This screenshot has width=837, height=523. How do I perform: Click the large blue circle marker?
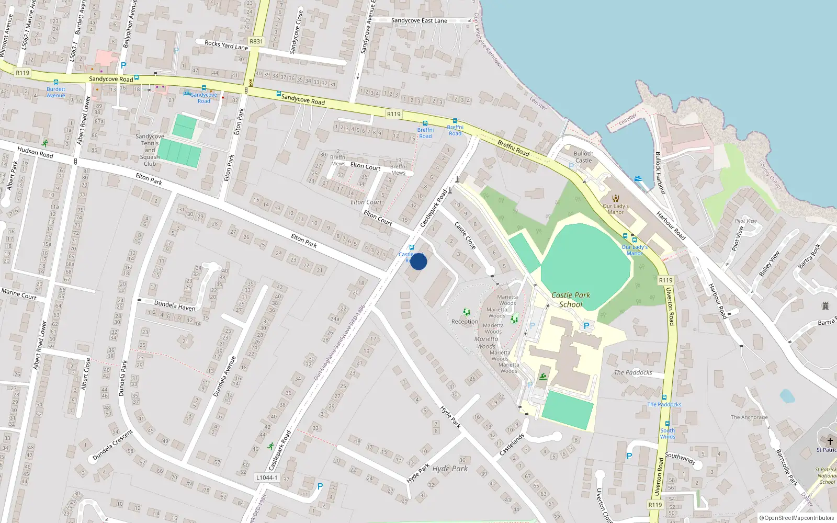point(418,261)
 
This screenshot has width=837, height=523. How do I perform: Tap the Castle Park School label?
point(571,300)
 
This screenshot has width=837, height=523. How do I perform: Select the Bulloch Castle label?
point(584,157)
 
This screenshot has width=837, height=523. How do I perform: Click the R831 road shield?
point(256,41)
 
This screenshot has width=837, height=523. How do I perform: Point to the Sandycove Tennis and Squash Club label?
point(150,150)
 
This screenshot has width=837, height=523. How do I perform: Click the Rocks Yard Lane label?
point(226,44)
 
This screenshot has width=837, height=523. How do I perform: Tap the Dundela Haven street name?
point(175,305)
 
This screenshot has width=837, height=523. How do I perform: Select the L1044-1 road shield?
point(267,477)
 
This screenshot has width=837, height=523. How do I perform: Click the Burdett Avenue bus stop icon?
point(56,82)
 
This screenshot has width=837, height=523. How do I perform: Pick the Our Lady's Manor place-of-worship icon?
point(616,198)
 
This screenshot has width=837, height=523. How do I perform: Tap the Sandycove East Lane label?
point(419,20)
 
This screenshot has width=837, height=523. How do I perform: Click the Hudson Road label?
point(35,152)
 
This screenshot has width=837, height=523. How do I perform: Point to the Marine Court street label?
point(19,294)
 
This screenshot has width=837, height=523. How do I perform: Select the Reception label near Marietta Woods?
point(465,322)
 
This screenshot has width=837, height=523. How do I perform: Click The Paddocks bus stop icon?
point(664,397)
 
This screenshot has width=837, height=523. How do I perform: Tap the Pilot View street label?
point(738,238)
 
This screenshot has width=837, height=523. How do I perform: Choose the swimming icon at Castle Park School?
point(543,377)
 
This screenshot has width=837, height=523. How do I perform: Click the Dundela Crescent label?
point(112,445)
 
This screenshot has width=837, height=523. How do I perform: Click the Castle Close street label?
point(465,235)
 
